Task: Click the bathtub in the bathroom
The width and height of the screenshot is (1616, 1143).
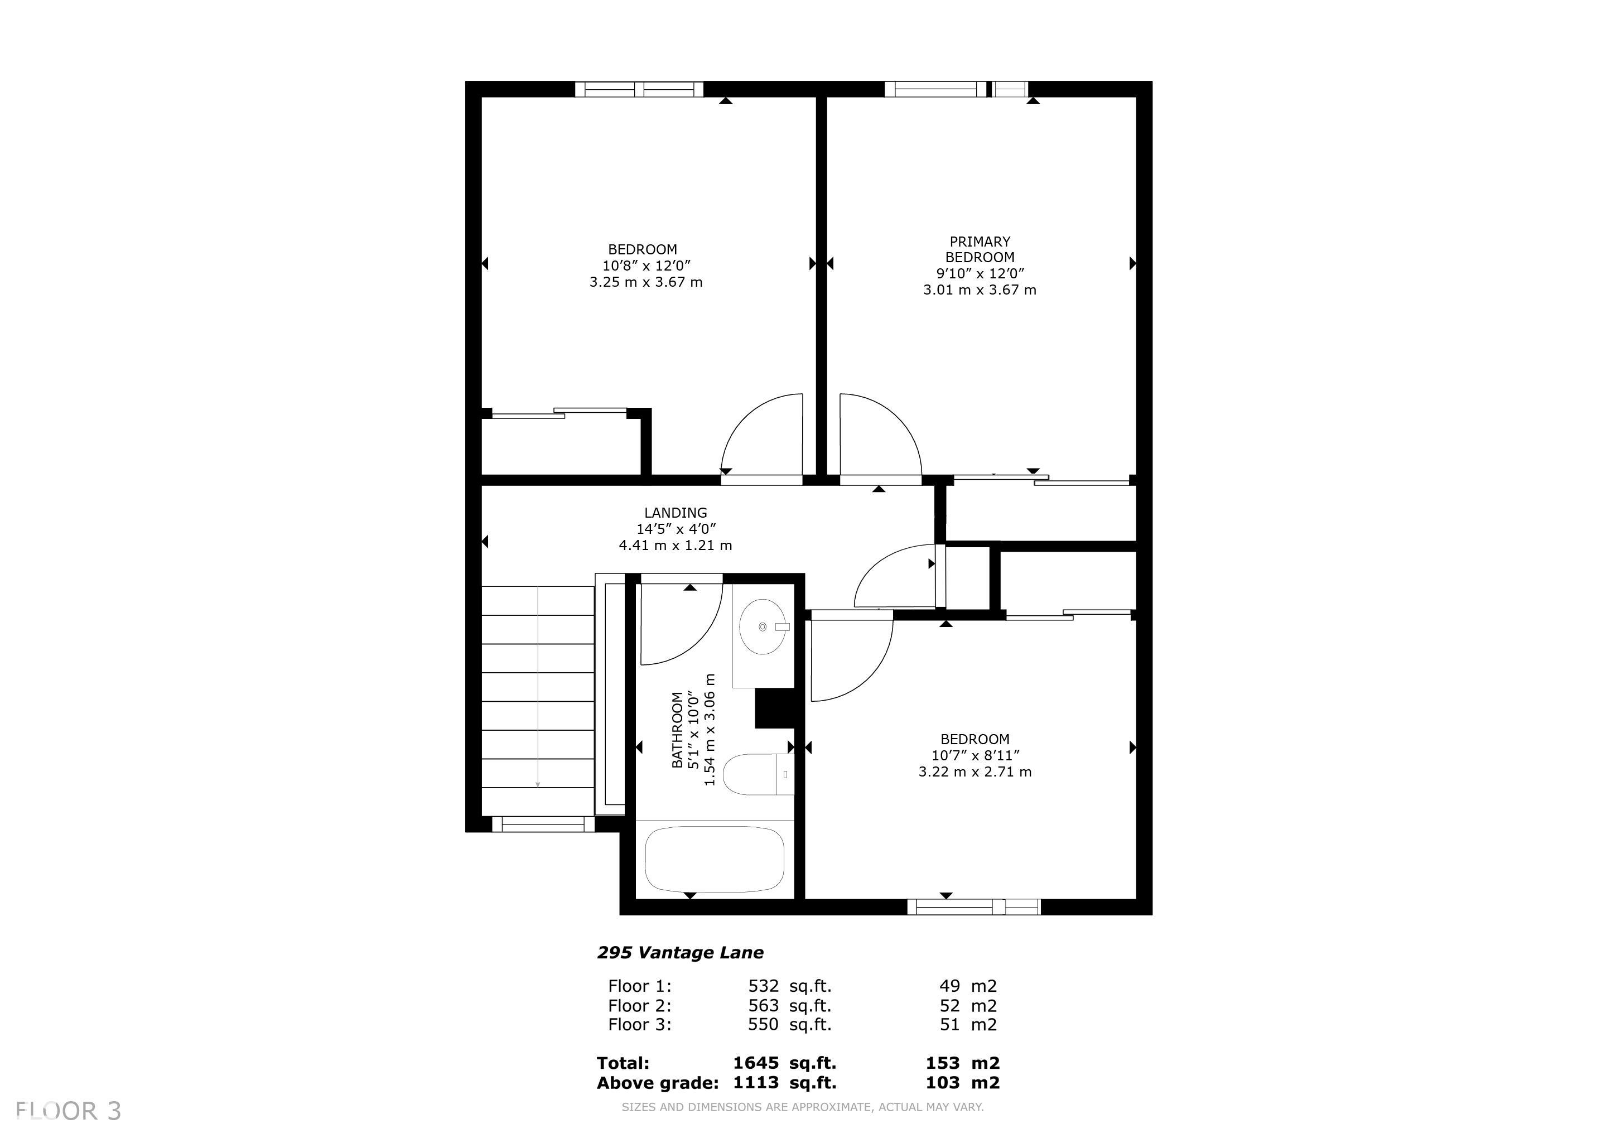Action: tap(715, 860)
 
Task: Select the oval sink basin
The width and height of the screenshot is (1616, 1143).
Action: tap(763, 626)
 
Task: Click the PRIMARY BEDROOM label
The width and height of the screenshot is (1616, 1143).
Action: tap(979, 249)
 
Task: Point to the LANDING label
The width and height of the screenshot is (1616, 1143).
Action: tap(675, 513)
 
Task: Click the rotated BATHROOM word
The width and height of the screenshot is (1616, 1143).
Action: tap(677, 730)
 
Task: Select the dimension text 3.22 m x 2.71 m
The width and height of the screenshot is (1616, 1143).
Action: tap(975, 772)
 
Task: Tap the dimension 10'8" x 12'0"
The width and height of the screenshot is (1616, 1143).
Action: tap(646, 266)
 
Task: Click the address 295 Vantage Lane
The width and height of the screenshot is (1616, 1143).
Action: tap(680, 953)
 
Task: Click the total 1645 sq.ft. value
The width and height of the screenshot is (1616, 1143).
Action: tap(785, 1063)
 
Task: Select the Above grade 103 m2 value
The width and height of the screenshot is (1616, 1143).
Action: tap(963, 1082)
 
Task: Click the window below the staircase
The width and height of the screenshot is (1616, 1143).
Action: tap(543, 824)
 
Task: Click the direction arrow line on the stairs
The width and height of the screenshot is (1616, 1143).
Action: tap(538, 688)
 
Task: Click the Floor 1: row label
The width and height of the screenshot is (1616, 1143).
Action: tap(640, 986)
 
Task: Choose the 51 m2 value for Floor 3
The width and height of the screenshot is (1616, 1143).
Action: tap(968, 1025)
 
